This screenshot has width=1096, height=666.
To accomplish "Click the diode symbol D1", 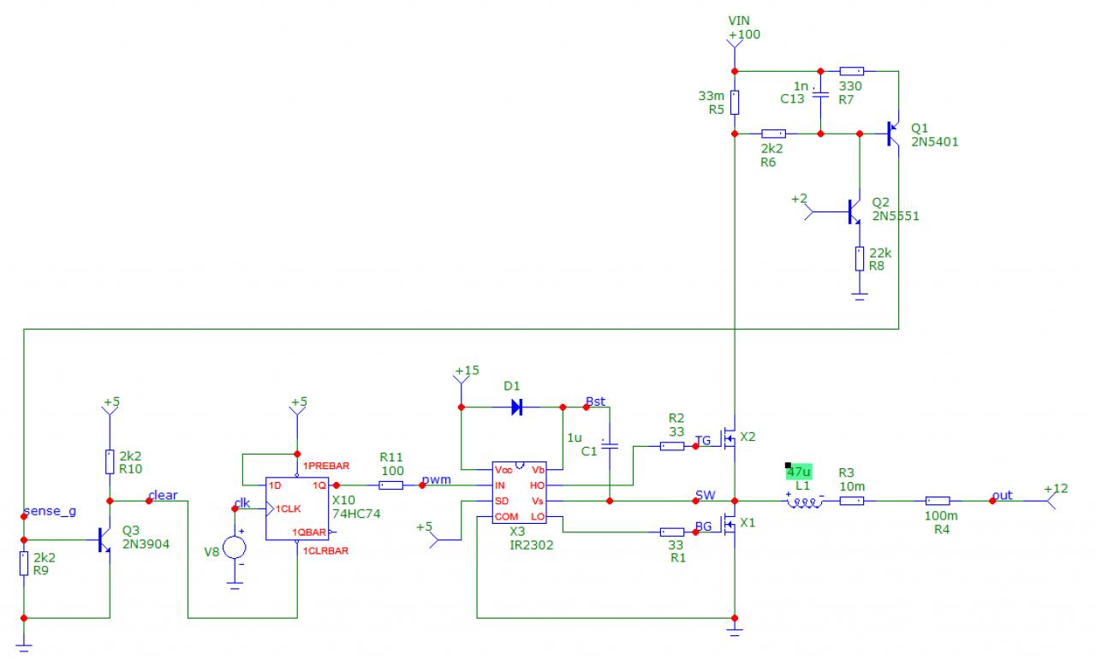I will point(517,407).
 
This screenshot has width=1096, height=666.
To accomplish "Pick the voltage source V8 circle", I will point(235,548).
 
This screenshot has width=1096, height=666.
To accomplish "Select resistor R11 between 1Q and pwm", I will point(390,485).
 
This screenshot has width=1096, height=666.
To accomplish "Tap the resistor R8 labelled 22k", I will point(860,259).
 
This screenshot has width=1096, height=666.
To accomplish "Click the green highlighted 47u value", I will point(798,472).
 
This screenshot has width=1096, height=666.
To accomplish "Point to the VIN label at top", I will point(739,20).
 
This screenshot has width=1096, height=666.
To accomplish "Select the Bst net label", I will point(595,401).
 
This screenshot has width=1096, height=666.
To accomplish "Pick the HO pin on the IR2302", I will point(538,485).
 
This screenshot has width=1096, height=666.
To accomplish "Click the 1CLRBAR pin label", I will point(325,550).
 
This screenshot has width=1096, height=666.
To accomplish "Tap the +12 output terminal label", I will point(1057,488).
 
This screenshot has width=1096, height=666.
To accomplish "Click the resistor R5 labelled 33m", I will point(735,103).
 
